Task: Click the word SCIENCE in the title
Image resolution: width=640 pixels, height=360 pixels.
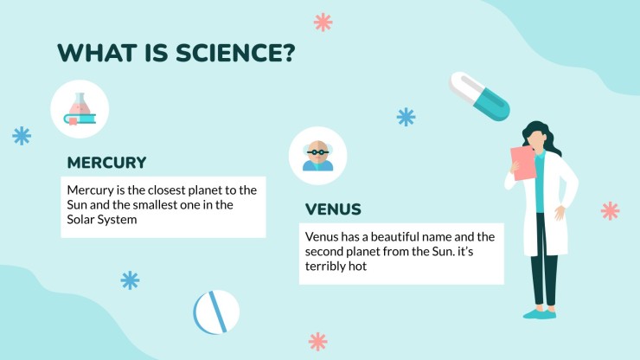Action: click(x=228, y=53)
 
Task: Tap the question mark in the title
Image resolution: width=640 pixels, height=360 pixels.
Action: click(x=288, y=53)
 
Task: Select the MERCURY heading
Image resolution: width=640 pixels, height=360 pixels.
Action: click(x=106, y=163)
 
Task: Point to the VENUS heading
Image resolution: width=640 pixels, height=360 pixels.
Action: click(x=333, y=209)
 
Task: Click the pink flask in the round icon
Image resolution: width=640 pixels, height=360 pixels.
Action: click(x=80, y=105)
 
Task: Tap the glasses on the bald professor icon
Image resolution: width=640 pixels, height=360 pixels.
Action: click(x=317, y=152)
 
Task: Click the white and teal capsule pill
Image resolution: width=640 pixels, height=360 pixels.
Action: click(x=479, y=96)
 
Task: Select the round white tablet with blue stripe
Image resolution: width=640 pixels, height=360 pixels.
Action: click(x=216, y=312)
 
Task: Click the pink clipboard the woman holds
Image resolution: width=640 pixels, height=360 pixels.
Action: click(x=523, y=163)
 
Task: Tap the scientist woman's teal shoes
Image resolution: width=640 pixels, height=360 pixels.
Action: click(x=539, y=314)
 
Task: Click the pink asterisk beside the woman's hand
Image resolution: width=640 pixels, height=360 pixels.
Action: click(x=611, y=211)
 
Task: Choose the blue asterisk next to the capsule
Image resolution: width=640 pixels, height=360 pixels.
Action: click(x=406, y=117)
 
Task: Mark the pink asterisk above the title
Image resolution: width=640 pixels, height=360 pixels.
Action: click(x=323, y=22)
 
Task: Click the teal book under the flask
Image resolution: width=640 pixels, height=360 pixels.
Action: click(x=80, y=119)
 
